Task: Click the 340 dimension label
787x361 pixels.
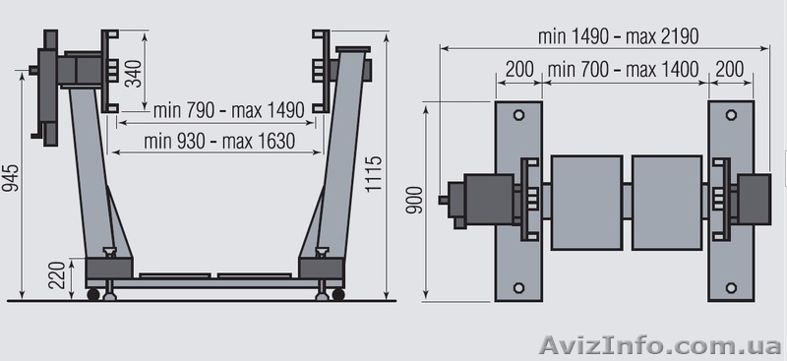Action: pyautogui.click(x=133, y=74)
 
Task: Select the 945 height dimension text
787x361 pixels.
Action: pyautogui.click(x=11, y=178)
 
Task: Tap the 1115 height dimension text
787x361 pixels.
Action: pyautogui.click(x=374, y=174)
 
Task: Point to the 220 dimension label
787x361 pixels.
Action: pyautogui.click(x=58, y=275)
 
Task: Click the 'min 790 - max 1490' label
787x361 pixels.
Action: pyautogui.click(x=229, y=110)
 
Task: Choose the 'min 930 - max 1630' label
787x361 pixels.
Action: pyautogui.click(x=219, y=141)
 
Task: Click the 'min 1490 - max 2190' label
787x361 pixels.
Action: pyautogui.click(x=619, y=36)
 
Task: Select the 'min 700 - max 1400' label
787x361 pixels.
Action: pyautogui.click(x=624, y=69)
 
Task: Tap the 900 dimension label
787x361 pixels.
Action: pyautogui.click(x=414, y=200)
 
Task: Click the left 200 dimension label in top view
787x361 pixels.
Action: pyautogui.click(x=519, y=69)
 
